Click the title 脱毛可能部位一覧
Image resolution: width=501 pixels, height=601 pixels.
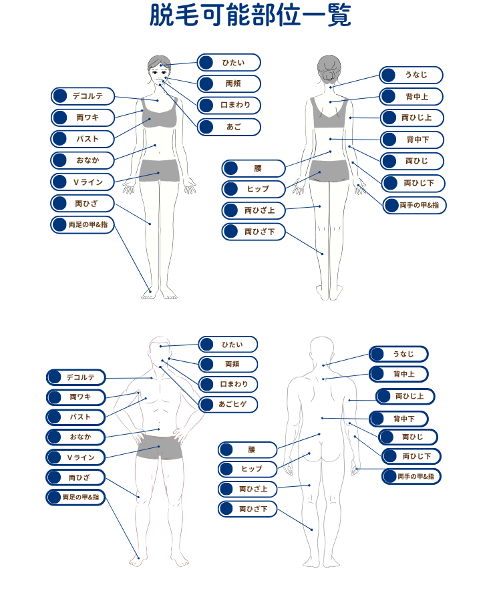click(x=250, y=15)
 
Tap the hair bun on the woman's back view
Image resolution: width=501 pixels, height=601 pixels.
click(x=329, y=75)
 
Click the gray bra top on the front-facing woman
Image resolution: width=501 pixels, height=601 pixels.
click(x=159, y=112)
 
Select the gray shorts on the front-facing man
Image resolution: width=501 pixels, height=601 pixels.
click(x=160, y=447)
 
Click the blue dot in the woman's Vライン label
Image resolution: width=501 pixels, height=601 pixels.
click(x=60, y=182)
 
